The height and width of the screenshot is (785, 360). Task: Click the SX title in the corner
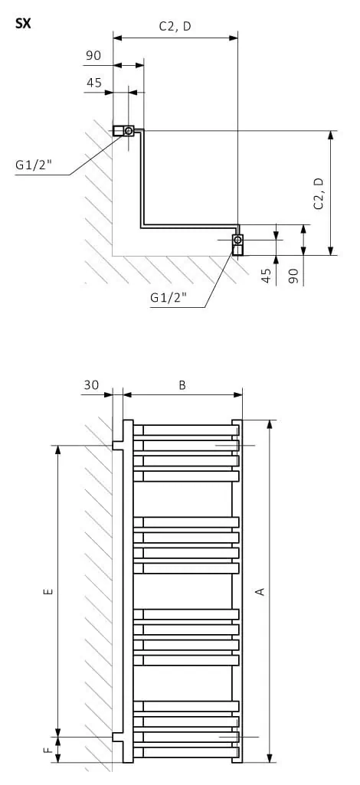coord(23,24)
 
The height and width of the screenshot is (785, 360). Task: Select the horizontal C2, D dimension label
coord(175,27)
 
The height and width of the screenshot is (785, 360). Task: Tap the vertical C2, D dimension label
coord(319,193)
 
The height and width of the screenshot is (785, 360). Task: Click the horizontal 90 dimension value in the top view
coord(93,55)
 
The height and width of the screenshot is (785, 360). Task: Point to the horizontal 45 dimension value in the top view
coord(94,83)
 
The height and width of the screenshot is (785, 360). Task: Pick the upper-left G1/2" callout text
coord(34,165)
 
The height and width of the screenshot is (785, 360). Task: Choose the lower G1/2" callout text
coord(169,297)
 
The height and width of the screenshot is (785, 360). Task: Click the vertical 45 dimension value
coord(267,276)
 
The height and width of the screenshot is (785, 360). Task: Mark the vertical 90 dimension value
coord(294,276)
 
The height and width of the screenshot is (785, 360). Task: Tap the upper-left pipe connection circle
coord(129,131)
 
